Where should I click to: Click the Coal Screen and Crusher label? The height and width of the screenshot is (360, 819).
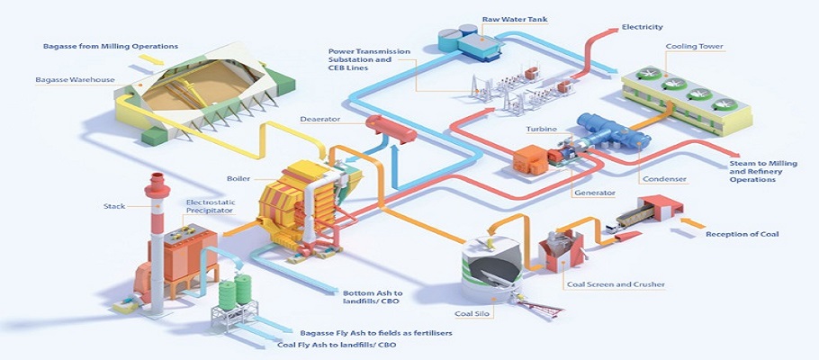point(616,284)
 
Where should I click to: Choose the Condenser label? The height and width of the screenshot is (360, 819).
point(670,179)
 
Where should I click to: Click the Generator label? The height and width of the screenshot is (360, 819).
point(594,193)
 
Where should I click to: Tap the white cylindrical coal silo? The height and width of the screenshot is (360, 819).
point(490,270)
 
